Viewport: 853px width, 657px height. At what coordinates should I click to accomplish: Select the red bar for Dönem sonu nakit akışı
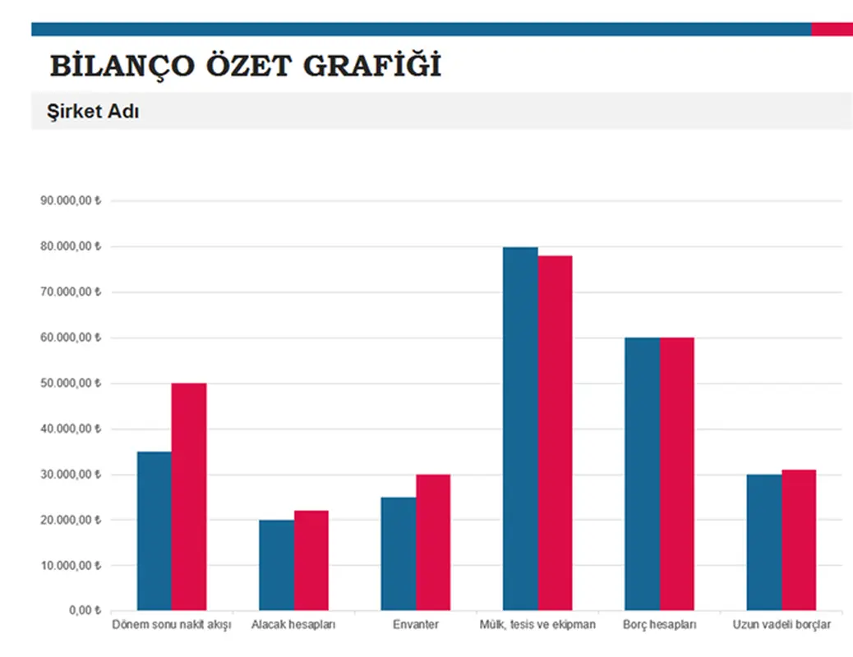click(x=189, y=497)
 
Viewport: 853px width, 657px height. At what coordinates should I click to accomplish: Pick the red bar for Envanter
click(x=432, y=542)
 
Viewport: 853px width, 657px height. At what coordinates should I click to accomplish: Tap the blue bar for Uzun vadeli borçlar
click(x=764, y=542)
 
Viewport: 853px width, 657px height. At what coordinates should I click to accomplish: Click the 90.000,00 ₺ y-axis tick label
click(x=70, y=201)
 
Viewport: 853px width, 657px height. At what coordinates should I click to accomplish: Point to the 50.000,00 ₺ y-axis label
click(x=70, y=384)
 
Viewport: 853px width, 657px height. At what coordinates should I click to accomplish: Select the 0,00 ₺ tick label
click(x=80, y=611)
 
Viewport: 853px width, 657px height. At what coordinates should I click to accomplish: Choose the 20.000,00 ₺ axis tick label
click(x=70, y=520)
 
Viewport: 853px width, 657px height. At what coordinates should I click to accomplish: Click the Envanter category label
click(x=416, y=625)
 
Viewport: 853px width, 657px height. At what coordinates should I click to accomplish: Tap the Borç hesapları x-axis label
click(x=660, y=625)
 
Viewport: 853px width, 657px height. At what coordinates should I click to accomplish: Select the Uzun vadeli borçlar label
click(x=782, y=625)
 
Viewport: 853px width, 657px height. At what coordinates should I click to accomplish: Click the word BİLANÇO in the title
click(x=114, y=66)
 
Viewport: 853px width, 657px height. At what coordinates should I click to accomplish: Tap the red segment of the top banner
click(x=832, y=30)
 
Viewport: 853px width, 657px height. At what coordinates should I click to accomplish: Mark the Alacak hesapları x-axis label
click(x=294, y=625)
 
